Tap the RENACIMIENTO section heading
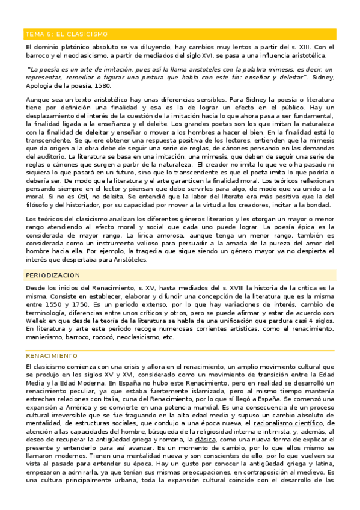[52, 355]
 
